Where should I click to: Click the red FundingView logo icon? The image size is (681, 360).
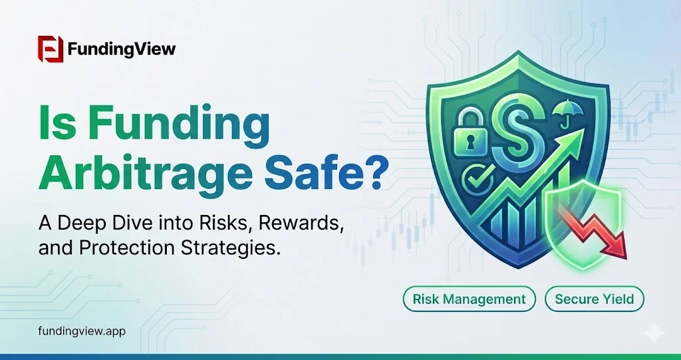click(51, 49)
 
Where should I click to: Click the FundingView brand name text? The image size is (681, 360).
click(122, 49)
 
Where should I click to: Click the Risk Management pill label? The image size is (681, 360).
click(469, 299)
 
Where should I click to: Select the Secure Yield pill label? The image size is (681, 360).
click(594, 299)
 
